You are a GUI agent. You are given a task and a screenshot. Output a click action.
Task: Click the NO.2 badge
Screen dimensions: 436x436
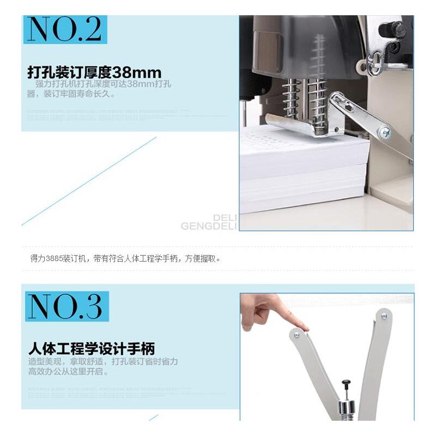click(65, 30)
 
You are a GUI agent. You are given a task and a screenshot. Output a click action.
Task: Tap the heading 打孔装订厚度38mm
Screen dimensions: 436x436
click(94, 72)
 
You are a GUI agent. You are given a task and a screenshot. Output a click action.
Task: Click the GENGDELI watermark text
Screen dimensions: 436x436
click(209, 226)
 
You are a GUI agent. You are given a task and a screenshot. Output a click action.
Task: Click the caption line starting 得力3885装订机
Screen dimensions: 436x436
click(125, 258)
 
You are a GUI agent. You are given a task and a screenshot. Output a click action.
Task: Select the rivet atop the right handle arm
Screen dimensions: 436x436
click(384, 316)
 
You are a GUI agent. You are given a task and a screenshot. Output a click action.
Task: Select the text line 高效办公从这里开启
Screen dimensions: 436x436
click(69, 372)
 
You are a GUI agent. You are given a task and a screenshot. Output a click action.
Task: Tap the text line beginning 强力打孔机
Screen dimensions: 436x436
click(104, 84)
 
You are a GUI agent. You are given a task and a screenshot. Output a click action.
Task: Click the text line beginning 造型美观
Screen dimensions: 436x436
click(104, 362)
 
